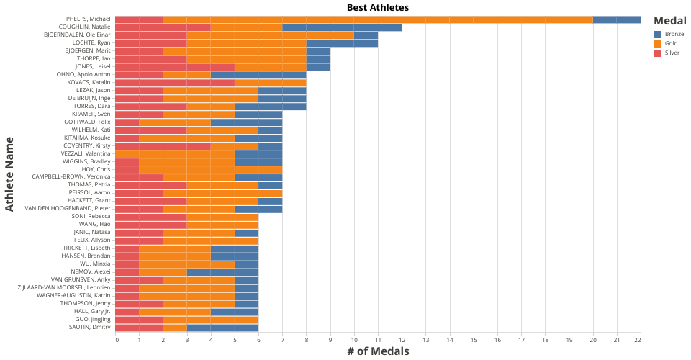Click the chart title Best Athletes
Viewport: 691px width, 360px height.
click(378, 7)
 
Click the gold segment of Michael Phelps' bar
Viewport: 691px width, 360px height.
click(378, 19)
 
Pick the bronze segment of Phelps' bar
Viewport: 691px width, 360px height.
click(617, 19)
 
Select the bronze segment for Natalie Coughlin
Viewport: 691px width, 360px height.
click(342, 27)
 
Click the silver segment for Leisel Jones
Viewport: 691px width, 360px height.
click(175, 67)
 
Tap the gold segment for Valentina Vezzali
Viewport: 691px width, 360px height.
click(175, 153)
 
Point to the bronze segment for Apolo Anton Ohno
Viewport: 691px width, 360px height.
click(258, 75)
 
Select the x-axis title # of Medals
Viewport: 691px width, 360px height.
click(378, 351)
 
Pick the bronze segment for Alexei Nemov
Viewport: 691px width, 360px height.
click(222, 271)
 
